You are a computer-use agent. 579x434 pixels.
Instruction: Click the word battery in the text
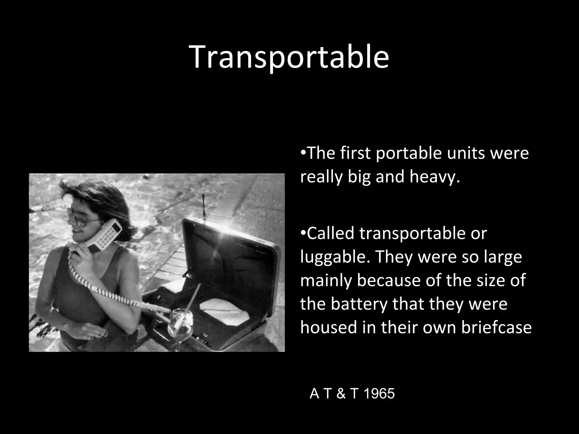(x=359, y=304)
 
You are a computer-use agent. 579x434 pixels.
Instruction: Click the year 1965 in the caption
(x=379, y=394)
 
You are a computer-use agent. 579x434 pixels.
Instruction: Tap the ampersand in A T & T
(x=341, y=394)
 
